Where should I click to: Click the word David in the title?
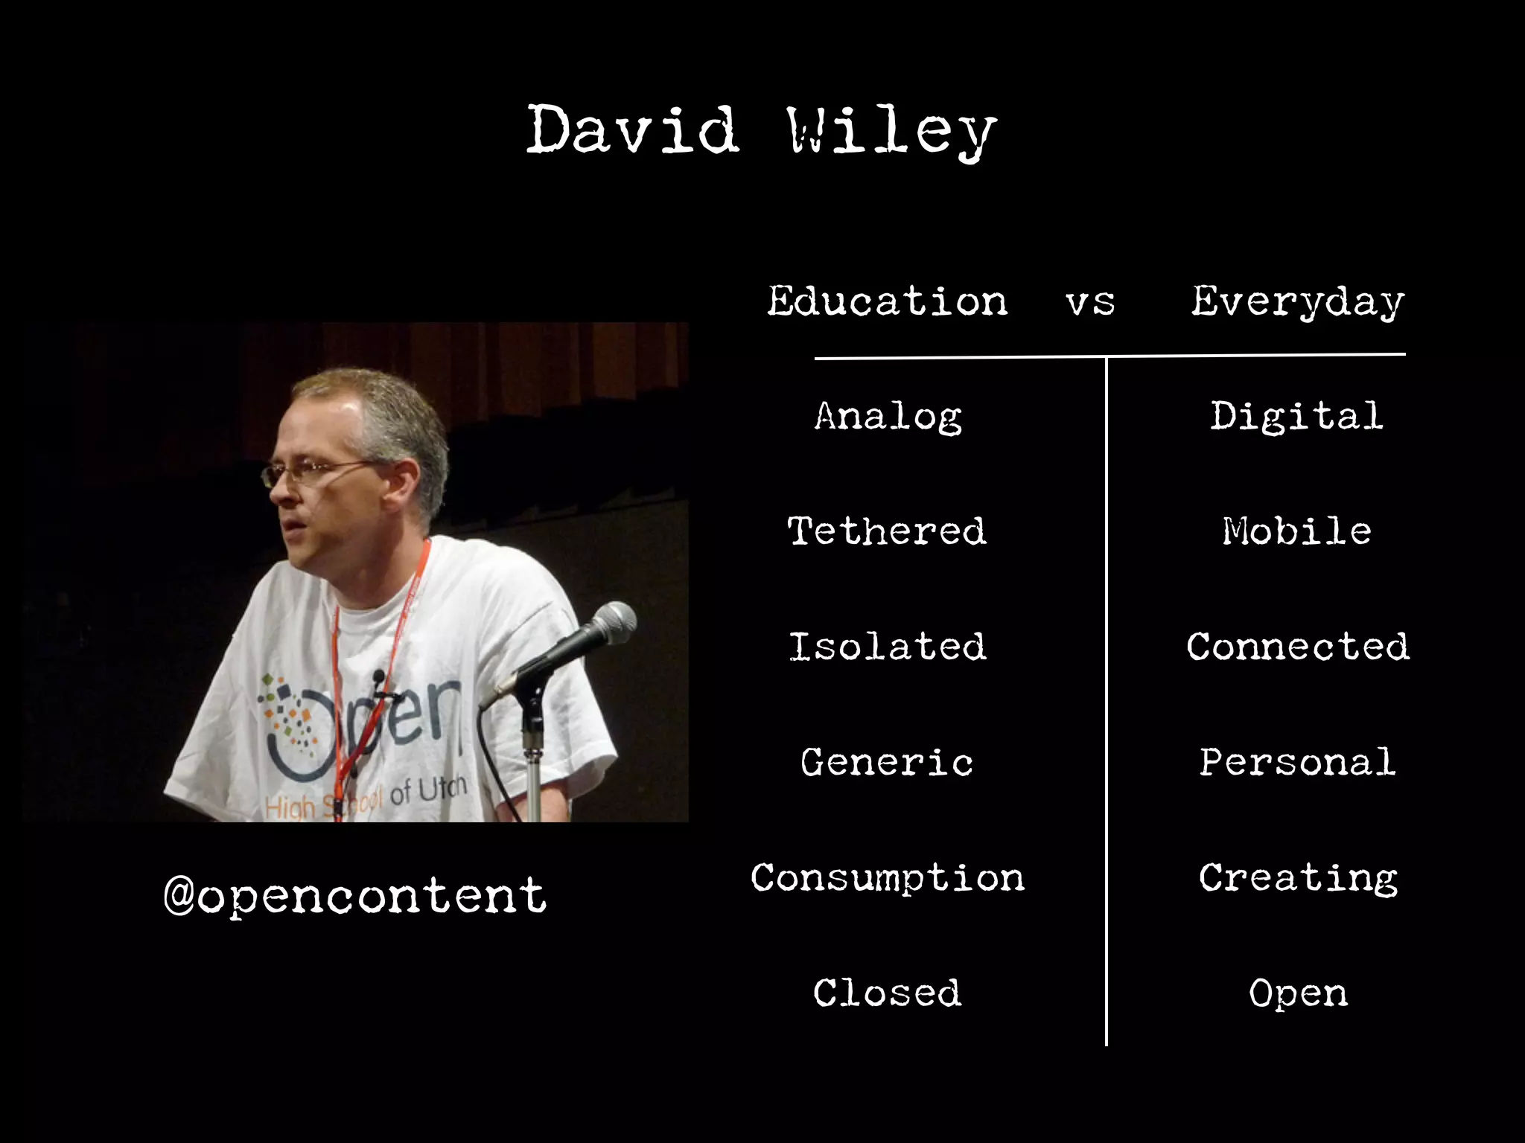[x=633, y=130]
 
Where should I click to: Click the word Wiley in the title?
[x=891, y=132]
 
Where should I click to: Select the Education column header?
[x=888, y=301]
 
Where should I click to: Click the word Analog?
[x=888, y=417]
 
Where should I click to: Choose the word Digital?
[x=1296, y=417]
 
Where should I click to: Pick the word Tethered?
[x=887, y=531]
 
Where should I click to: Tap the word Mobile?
[x=1296, y=531]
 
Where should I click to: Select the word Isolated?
[x=887, y=647]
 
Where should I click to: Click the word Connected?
[x=1298, y=647]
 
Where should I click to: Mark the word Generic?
[x=887, y=762]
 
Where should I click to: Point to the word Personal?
[x=1297, y=762]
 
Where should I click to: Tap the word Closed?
[x=887, y=993]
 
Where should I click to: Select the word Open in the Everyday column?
[x=1298, y=993]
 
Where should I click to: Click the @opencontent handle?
[x=355, y=895]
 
